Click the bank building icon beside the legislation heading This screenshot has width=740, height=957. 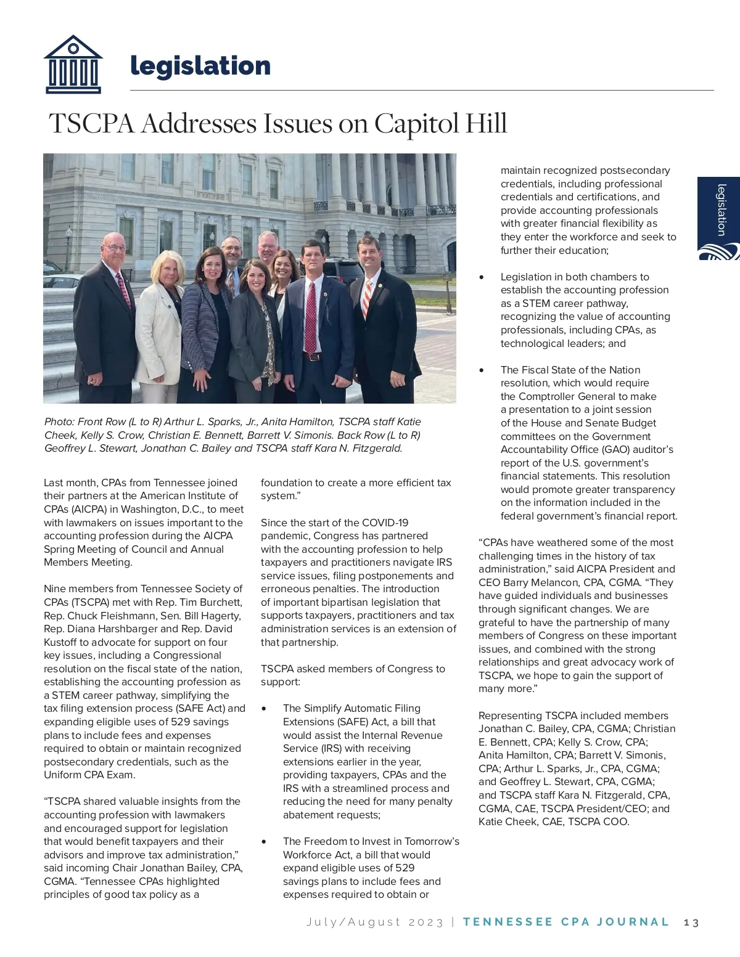click(x=73, y=64)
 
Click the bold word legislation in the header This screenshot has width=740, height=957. click(x=200, y=66)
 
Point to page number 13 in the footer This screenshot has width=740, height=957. click(x=691, y=922)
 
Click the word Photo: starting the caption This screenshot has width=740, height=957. click(x=59, y=422)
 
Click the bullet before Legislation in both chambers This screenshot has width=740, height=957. click(x=482, y=277)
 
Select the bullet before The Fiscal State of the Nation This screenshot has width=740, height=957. click(x=482, y=370)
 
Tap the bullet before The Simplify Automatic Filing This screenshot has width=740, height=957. click(x=265, y=709)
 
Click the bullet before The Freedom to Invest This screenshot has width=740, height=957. click(x=265, y=842)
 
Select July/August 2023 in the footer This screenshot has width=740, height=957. click(x=375, y=922)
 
